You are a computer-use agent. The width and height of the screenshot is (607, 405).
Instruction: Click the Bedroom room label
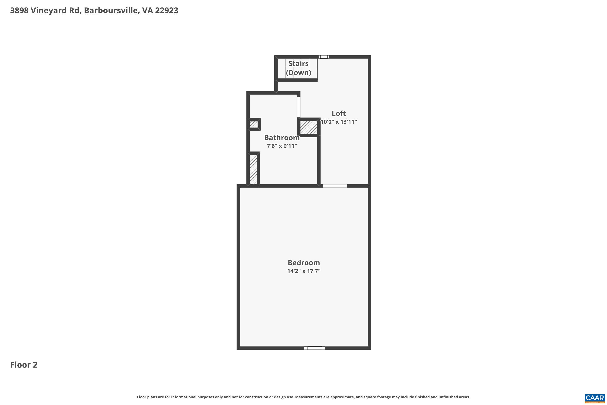click(303, 263)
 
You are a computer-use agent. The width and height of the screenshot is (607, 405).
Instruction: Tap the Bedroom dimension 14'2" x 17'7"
click(303, 271)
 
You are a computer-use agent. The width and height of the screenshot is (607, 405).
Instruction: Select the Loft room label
click(339, 113)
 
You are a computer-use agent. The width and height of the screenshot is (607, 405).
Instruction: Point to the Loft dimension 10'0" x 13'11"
click(339, 122)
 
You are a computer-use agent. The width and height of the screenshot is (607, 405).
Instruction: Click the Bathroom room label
click(282, 138)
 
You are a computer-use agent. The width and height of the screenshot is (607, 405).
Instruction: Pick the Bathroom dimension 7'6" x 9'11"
click(282, 146)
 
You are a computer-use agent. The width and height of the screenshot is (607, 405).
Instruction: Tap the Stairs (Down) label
click(298, 68)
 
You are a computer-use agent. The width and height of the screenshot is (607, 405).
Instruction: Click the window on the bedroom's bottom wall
click(314, 348)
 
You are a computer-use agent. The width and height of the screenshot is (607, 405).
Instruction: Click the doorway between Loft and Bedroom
click(335, 186)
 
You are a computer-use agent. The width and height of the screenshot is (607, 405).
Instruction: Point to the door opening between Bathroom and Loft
click(299, 107)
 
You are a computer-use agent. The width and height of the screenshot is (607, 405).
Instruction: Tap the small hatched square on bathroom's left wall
click(254, 125)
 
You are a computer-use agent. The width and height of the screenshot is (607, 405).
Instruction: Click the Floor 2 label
click(24, 365)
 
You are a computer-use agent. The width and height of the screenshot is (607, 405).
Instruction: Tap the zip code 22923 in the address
click(167, 11)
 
